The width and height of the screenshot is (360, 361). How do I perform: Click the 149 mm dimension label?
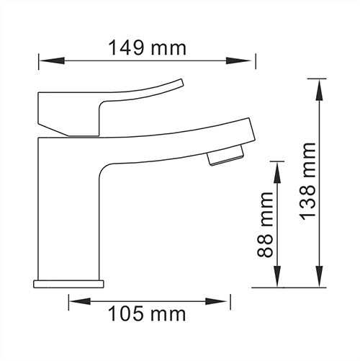(146, 48)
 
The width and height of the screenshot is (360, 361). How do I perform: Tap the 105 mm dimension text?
(146, 314)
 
